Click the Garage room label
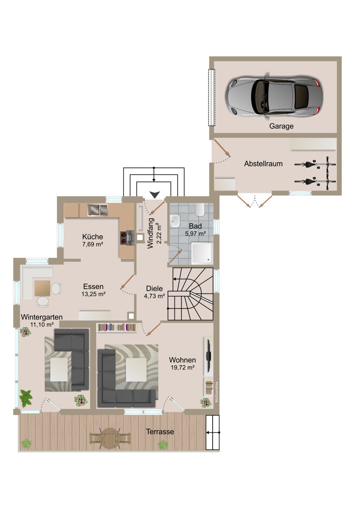(281, 126)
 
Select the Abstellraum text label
(263, 164)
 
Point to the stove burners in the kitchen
(123, 238)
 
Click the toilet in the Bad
(200, 210)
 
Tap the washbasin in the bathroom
(175, 221)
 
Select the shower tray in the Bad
(202, 253)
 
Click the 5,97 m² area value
(195, 233)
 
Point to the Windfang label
(151, 233)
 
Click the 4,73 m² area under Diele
(155, 296)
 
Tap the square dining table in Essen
(42, 288)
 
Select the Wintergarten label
(42, 317)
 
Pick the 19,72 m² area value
(183, 367)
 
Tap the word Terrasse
(160, 431)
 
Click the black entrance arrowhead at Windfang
(155, 195)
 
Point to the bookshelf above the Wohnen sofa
(117, 327)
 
